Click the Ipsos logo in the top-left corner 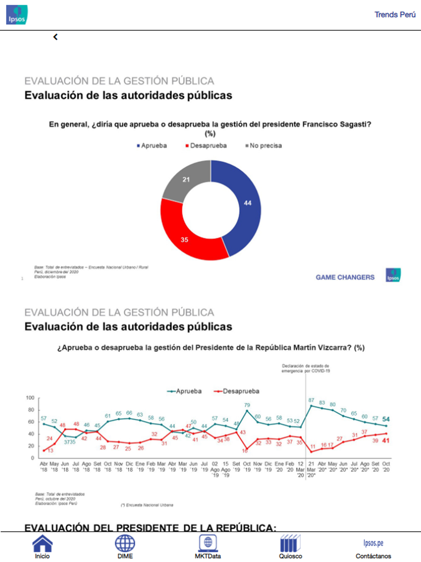tap(17, 15)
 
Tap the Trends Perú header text tap(395, 15)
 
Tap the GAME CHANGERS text tap(345, 277)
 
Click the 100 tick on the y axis tap(30, 398)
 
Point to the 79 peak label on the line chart tap(247, 405)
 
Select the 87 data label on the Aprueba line tap(311, 400)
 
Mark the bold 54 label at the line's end tap(386, 419)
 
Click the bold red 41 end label tap(386, 441)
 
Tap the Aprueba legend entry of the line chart tap(185, 391)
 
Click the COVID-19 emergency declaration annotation tap(306, 369)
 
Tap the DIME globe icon tap(125, 543)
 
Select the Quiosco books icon tap(290, 543)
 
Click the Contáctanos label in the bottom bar tap(373, 556)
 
